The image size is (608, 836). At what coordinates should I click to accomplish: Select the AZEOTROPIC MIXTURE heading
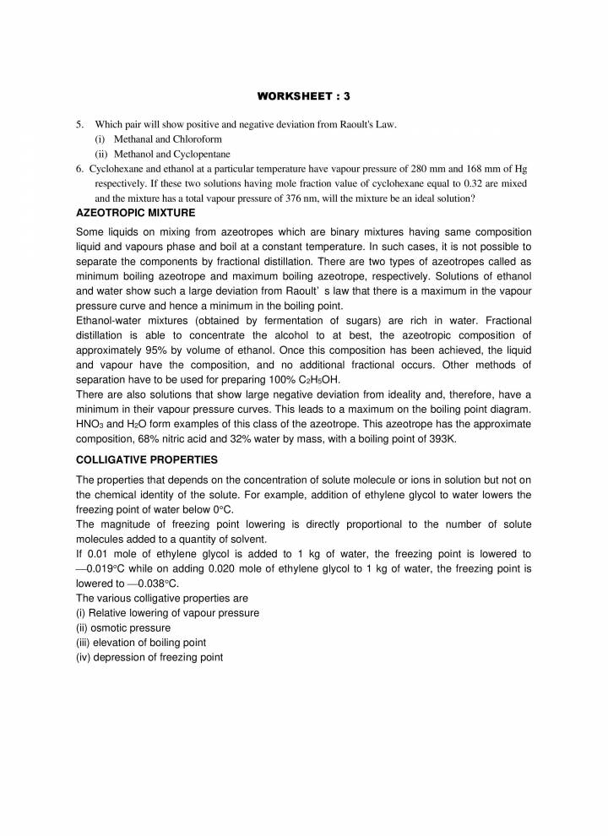[136, 212]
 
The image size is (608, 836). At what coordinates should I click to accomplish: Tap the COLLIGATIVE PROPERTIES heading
[147, 459]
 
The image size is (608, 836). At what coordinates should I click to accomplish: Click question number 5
[79, 124]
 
